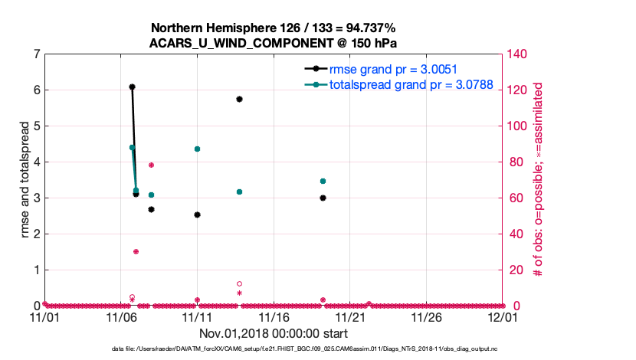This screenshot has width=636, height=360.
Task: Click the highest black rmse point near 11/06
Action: click(x=132, y=87)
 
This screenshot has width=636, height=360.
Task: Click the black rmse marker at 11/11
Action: click(x=197, y=215)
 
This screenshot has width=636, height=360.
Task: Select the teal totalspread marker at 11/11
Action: click(x=197, y=149)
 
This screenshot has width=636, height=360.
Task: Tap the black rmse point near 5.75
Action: click(x=240, y=99)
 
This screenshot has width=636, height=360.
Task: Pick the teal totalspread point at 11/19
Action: click(x=323, y=182)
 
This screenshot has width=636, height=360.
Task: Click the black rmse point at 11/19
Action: click(x=323, y=198)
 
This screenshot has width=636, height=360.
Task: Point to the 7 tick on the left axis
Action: click(x=36, y=54)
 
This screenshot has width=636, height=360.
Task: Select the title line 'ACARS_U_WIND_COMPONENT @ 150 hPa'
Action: click(x=273, y=43)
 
